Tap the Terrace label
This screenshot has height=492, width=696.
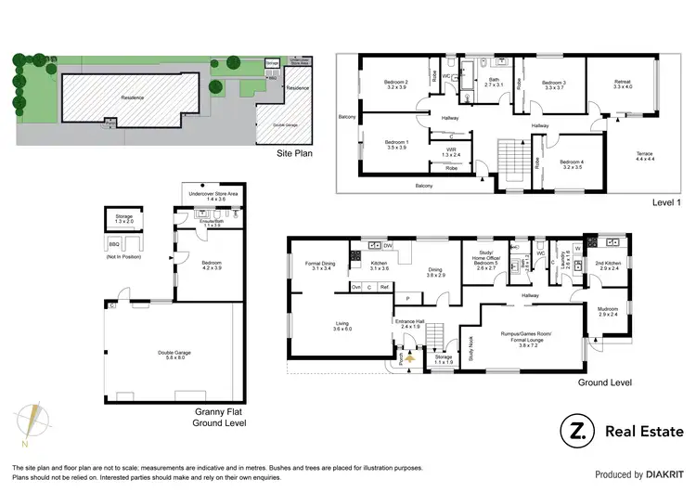click(644, 153)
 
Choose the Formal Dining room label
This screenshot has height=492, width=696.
click(318, 265)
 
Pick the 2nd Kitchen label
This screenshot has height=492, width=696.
click(609, 265)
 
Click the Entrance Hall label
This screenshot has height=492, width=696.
click(411, 324)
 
